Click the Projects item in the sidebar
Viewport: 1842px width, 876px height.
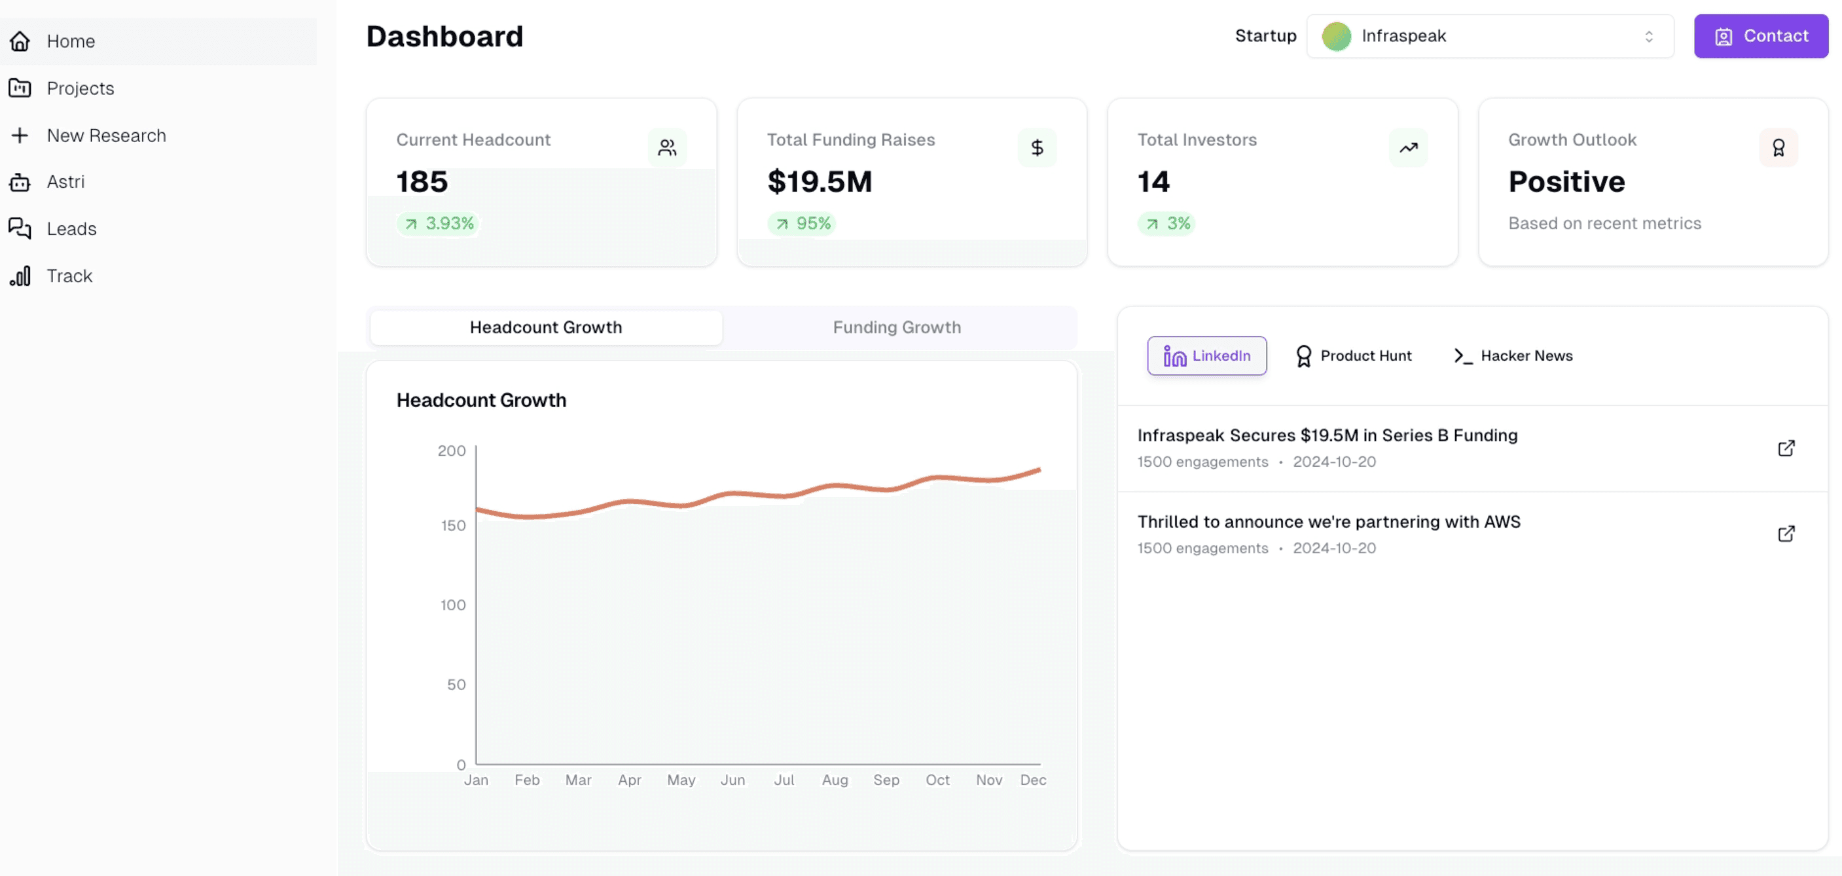[x=80, y=88]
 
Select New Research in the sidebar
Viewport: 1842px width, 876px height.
[x=106, y=135]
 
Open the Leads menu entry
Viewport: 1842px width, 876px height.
[x=71, y=229]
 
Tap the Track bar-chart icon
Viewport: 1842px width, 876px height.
[x=20, y=276]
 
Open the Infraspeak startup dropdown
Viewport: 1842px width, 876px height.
[x=1489, y=36]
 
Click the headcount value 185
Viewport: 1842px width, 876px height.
[x=422, y=181]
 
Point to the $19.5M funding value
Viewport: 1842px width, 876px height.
[x=820, y=181]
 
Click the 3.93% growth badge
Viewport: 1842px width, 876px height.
[x=439, y=224]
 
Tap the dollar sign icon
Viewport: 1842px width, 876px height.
[x=1037, y=148]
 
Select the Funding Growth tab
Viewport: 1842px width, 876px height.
[x=897, y=327]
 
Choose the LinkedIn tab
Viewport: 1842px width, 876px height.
[x=1207, y=356]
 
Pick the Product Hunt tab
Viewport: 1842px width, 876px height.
[x=1354, y=356]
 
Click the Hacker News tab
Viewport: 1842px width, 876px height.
[x=1513, y=356]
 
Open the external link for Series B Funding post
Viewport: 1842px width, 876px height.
[x=1786, y=448]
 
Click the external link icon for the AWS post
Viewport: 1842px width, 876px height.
[x=1786, y=534]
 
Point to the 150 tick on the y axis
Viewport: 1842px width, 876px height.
[x=454, y=526]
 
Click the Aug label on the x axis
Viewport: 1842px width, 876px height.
[x=835, y=780]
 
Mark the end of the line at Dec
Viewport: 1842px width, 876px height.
[x=1039, y=470]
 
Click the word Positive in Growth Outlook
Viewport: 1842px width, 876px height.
[x=1566, y=181]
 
